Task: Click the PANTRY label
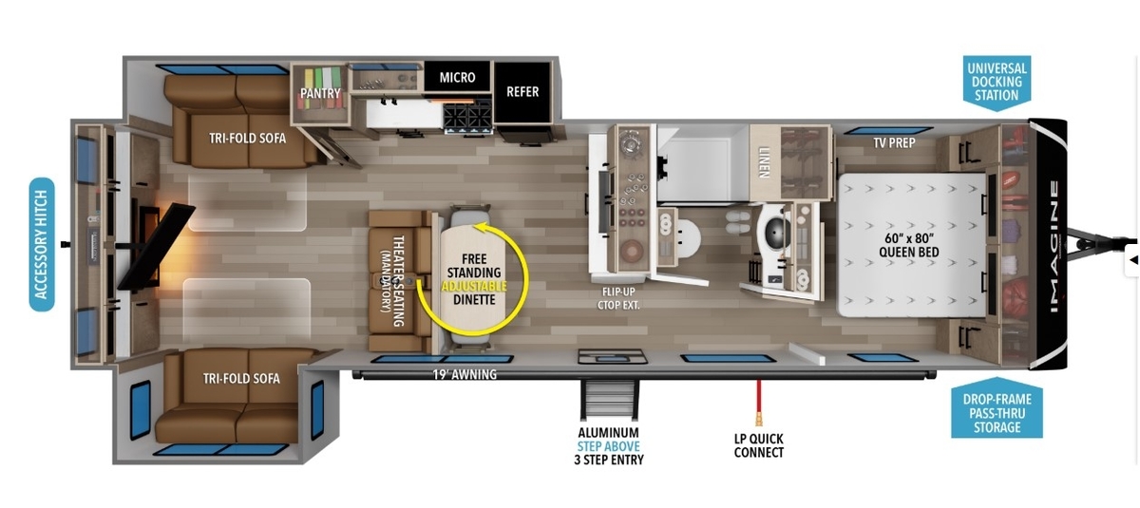coord(320,93)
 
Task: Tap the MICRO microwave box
coord(457,77)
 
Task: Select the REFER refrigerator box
coord(522,92)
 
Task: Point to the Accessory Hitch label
coord(42,244)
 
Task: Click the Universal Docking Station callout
coord(997,82)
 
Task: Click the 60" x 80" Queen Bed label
coord(909,245)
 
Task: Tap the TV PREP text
coord(894,142)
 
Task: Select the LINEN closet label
coord(764,162)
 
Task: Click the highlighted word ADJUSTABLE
coord(474,287)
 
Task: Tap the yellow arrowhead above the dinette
coord(480,226)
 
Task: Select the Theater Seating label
coord(393,281)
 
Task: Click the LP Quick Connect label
coord(759,445)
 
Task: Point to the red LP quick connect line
coord(758,403)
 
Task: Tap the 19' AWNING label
coord(465,375)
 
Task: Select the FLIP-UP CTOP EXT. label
coord(618,298)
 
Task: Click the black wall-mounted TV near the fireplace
coord(157,246)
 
